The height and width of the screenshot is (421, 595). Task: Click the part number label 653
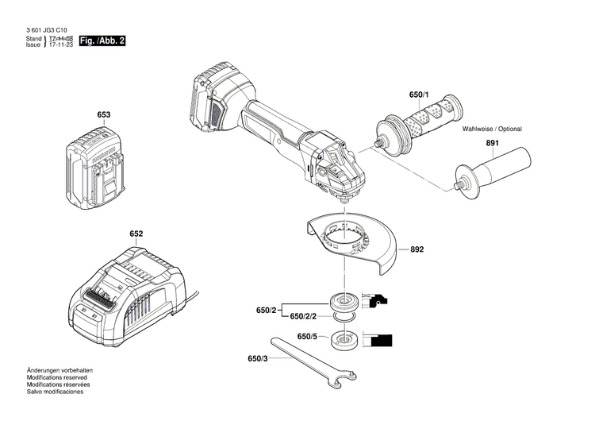click(x=104, y=114)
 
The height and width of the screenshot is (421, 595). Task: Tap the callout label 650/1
click(x=419, y=95)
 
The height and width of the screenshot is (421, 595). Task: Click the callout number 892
click(x=417, y=249)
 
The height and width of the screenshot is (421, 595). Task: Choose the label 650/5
click(x=307, y=337)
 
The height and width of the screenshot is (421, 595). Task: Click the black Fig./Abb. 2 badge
click(x=103, y=40)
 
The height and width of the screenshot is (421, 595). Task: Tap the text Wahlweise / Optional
click(x=493, y=129)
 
